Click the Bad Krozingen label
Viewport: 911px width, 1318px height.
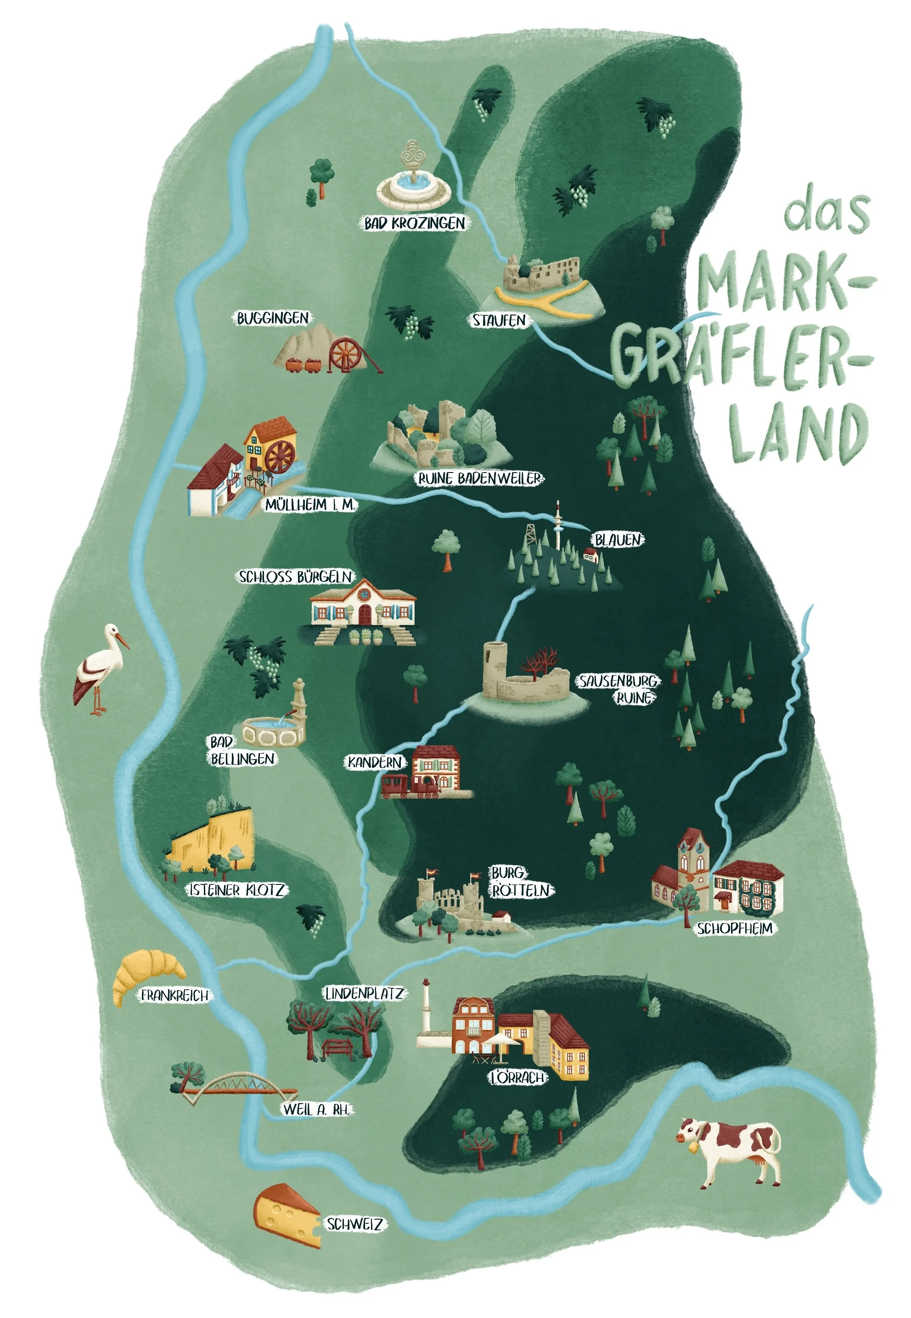[x=415, y=223]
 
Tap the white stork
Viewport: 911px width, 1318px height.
[x=101, y=667]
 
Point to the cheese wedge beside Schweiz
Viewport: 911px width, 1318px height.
[x=286, y=1216]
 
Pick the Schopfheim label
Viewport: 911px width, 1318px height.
[x=735, y=929]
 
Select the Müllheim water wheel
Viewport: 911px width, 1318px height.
[x=280, y=456]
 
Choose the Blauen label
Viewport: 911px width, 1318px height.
[x=618, y=540]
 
